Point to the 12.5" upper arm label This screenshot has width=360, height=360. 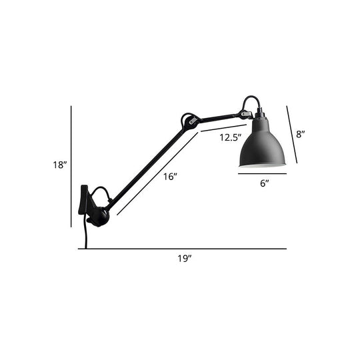(x=230, y=138)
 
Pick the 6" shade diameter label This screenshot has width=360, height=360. (x=264, y=183)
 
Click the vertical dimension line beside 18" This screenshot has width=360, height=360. (x=71, y=167)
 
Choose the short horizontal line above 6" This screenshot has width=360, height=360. (x=262, y=175)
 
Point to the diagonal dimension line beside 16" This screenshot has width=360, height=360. (x=157, y=175)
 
